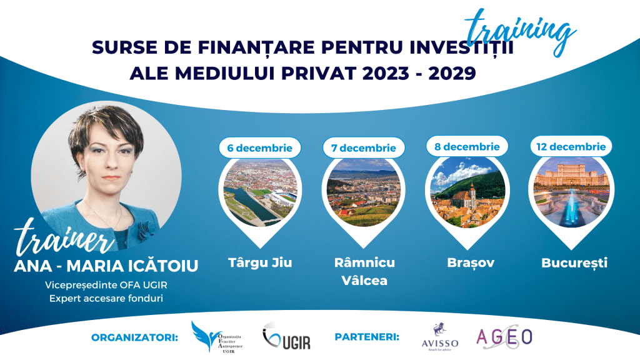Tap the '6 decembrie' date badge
click(259, 148)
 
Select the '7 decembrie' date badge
click(364, 148)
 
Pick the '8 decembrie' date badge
click(467, 147)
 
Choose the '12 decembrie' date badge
click(571, 147)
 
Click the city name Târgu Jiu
click(259, 262)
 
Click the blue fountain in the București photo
click(571, 209)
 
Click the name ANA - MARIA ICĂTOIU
click(106, 266)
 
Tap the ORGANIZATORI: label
click(135, 337)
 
